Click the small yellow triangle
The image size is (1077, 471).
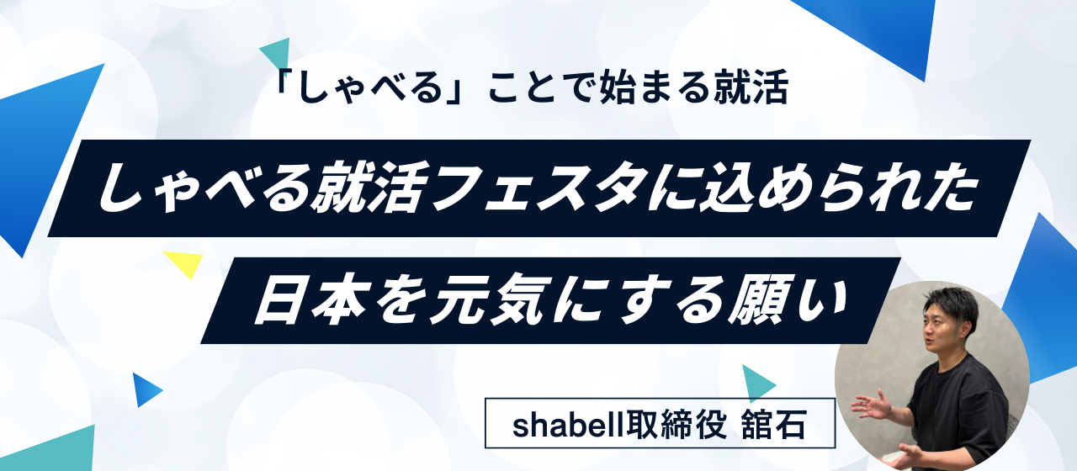point(186,262)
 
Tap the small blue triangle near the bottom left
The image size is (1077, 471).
point(145,389)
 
